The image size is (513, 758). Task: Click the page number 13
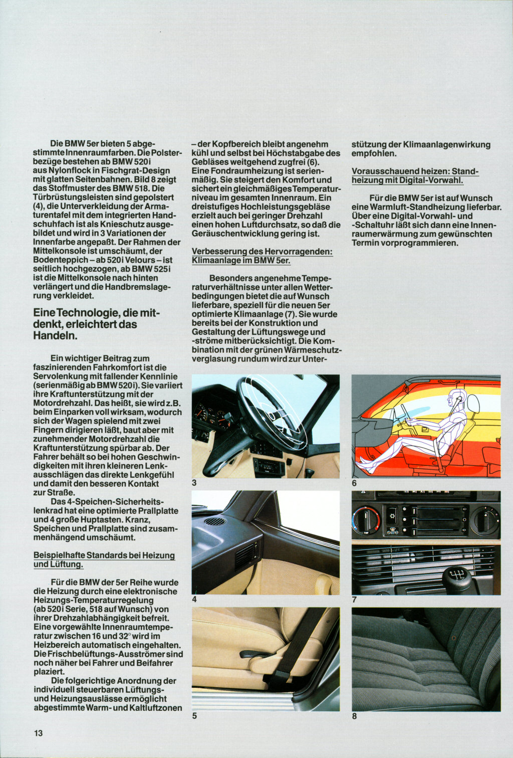click(x=39, y=733)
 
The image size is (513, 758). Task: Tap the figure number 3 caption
click(x=194, y=483)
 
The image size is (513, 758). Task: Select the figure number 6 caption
click(x=354, y=483)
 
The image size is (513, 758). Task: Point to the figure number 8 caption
click(x=354, y=716)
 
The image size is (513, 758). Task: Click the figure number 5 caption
click(x=194, y=716)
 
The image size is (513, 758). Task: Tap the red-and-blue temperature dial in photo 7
click(x=366, y=520)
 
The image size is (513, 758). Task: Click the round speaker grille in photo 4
click(x=214, y=522)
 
